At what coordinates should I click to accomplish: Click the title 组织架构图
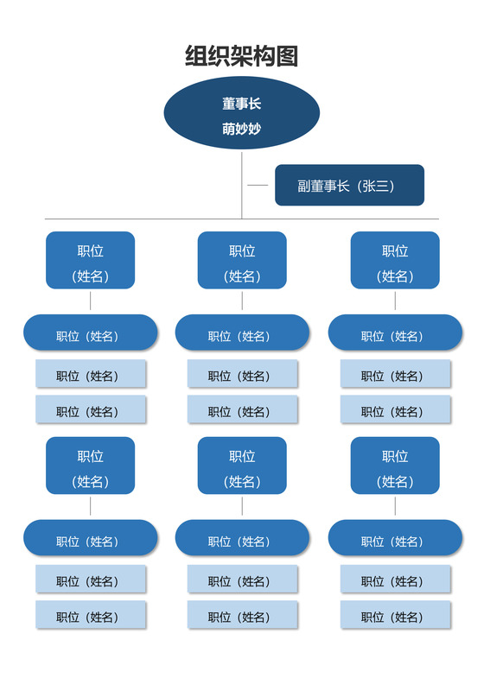tap(242, 57)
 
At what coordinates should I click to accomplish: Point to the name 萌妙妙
tap(242, 129)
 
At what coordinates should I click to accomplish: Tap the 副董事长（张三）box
tap(349, 185)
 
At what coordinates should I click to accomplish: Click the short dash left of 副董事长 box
tap(258, 185)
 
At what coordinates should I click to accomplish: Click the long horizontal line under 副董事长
tap(130, 218)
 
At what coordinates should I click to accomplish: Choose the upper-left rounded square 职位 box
tap(91, 260)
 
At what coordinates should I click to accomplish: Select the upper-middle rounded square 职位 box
tap(242, 260)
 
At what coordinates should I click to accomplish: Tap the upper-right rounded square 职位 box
tap(395, 260)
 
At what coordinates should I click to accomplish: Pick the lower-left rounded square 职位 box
tap(91, 465)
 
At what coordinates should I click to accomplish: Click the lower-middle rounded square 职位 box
tap(242, 465)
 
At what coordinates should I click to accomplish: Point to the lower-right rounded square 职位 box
tap(395, 465)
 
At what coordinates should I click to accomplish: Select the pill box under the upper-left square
tap(91, 332)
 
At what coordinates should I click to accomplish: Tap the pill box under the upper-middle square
tap(242, 332)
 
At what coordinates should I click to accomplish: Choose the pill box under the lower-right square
tap(395, 538)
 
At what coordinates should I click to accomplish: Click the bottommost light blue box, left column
tap(91, 615)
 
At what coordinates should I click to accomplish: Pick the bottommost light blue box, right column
tap(395, 615)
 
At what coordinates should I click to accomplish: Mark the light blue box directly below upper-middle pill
tap(242, 374)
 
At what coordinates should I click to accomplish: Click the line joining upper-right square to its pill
tap(395, 301)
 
